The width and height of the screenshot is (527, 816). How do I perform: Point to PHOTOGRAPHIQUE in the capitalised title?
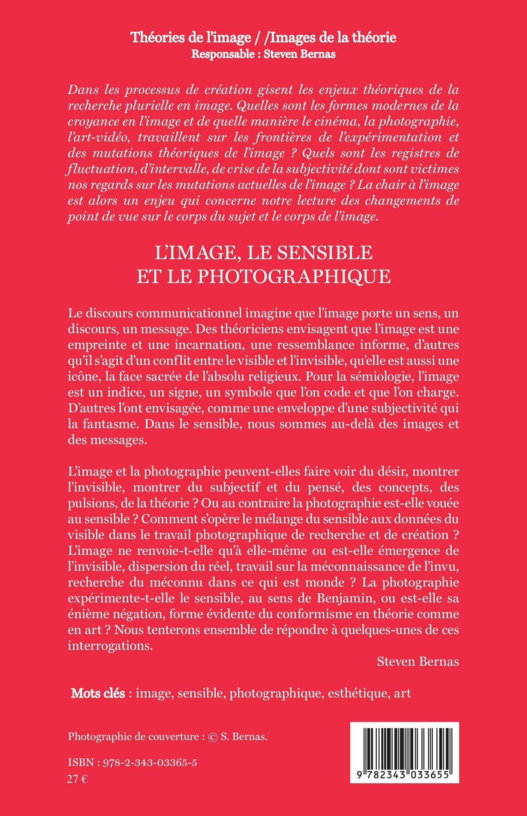click(x=294, y=277)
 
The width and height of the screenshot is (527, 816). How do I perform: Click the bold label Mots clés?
click(x=98, y=693)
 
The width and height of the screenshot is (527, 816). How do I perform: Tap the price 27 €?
click(x=77, y=779)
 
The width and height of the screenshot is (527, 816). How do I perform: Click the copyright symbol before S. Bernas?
click(x=213, y=737)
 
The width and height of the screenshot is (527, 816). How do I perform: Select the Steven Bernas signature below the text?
click(x=418, y=662)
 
